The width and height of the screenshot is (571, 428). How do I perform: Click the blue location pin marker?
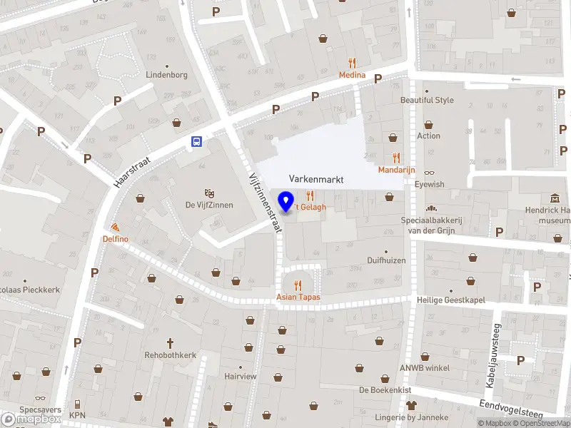tap(286, 201)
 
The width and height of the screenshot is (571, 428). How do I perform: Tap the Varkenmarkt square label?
tap(316, 180)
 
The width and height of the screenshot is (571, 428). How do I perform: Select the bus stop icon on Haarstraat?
tap(196, 142)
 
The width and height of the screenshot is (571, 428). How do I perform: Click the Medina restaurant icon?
tap(352, 63)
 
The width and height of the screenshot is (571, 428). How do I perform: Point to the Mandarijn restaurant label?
tap(396, 170)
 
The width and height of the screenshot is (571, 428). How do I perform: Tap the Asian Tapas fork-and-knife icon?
tap(298, 285)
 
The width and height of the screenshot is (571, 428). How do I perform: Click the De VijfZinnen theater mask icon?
tap(210, 193)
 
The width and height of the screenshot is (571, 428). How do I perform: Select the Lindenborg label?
tap(166, 74)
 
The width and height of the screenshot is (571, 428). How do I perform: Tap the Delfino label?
tap(115, 238)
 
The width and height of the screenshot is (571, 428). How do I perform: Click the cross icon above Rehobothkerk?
tap(170, 342)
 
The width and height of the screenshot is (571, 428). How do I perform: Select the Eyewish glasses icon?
tap(429, 173)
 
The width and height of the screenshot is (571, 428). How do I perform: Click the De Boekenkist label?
tap(385, 389)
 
